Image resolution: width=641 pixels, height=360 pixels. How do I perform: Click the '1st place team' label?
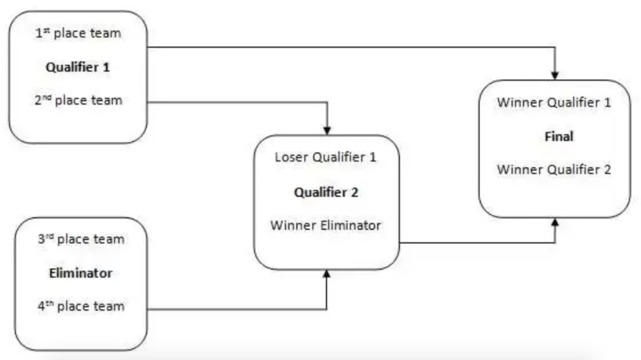(78, 33)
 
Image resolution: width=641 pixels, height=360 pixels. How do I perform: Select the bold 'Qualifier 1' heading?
(78, 67)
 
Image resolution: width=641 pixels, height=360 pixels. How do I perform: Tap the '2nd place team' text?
(78, 101)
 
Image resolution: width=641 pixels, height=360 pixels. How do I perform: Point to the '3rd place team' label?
(81, 239)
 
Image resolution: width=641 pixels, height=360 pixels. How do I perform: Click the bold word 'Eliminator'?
(81, 273)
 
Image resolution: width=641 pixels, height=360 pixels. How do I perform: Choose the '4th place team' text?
(81, 306)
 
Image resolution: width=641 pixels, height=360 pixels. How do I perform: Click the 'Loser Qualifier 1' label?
(326, 157)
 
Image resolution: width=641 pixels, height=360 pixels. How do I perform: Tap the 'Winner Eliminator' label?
(326, 226)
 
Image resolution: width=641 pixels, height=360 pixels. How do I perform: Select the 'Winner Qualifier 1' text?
(554, 103)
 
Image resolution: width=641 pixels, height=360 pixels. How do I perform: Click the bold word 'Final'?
(559, 137)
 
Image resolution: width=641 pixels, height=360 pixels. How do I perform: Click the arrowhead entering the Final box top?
(555, 76)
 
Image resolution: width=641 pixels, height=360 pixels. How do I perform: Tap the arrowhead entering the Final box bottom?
(555, 222)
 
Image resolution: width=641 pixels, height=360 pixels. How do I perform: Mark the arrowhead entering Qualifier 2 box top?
(327, 131)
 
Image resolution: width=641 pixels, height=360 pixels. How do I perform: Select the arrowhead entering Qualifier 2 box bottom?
(327, 274)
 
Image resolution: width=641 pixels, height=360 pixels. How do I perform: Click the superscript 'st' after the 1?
(47, 30)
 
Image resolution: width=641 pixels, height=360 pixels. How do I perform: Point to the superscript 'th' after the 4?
(50, 303)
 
